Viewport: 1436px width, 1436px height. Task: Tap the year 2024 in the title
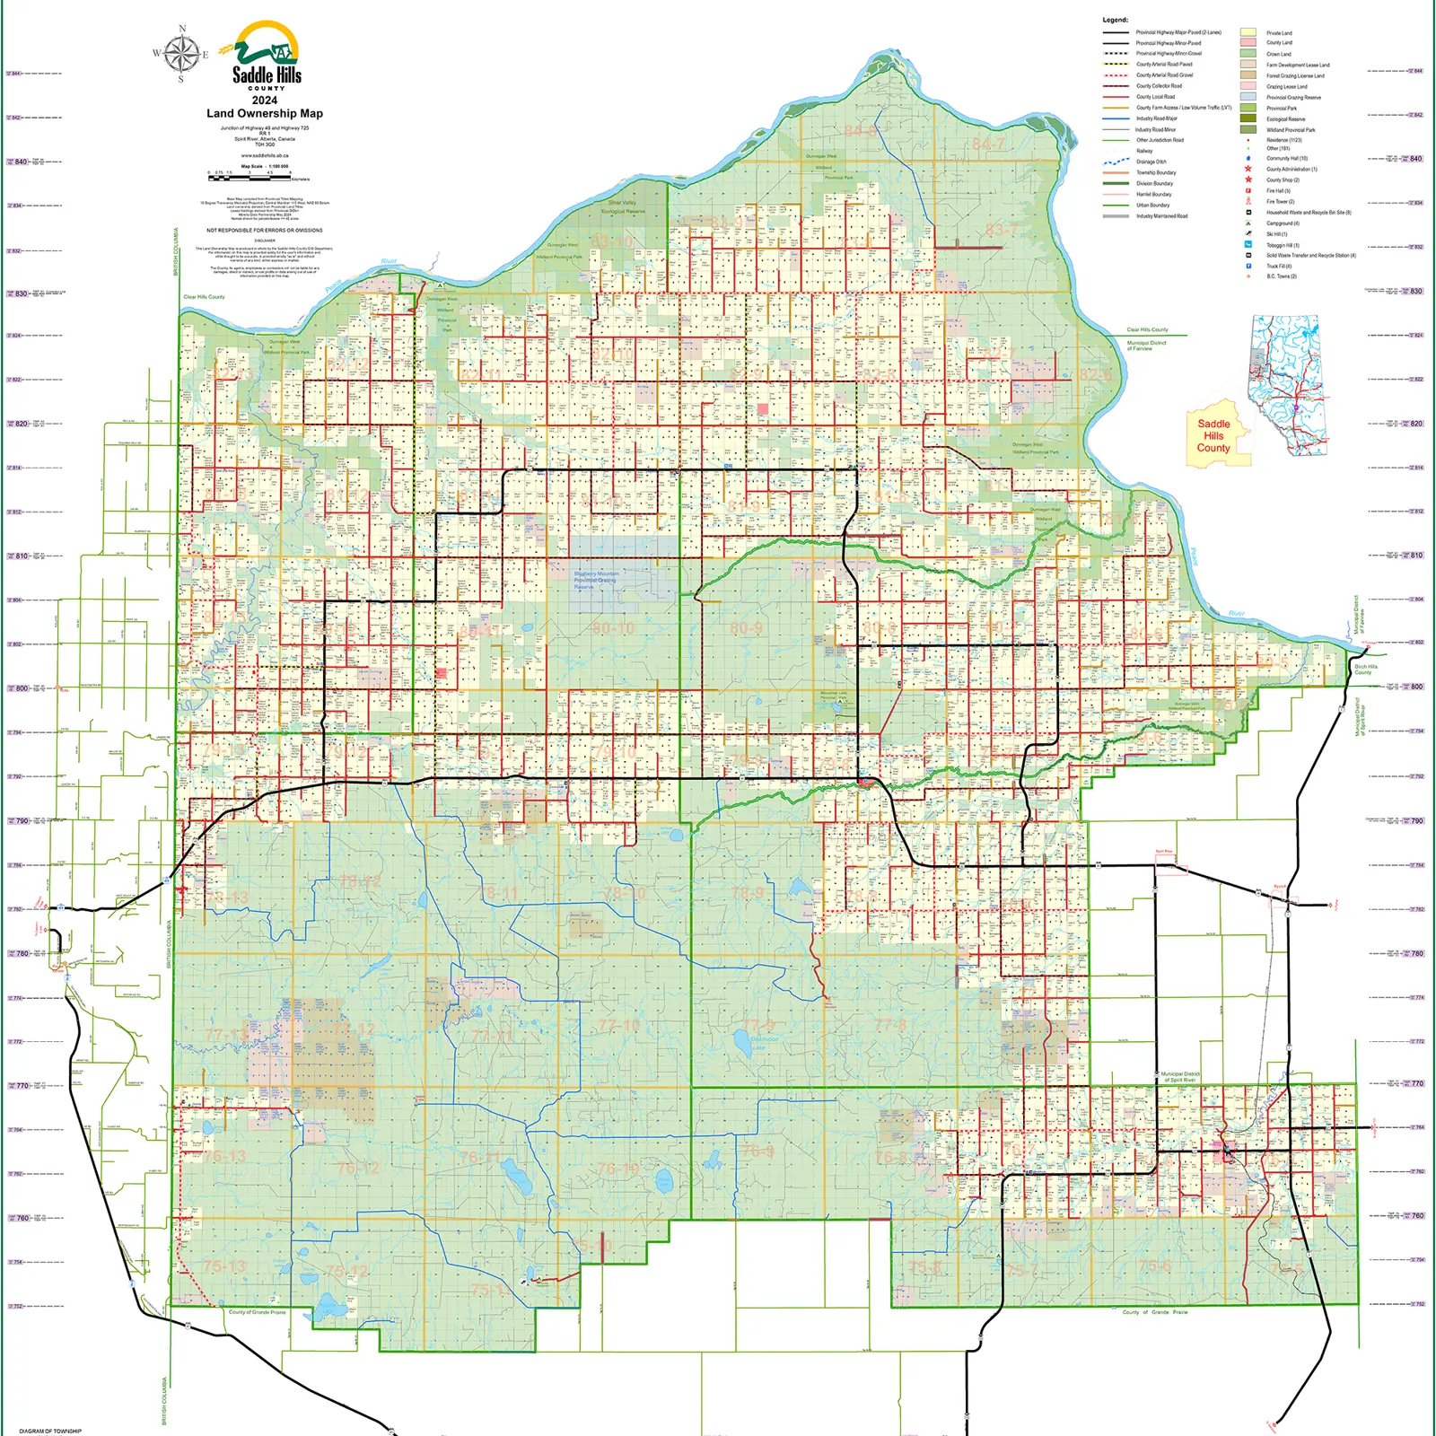265,101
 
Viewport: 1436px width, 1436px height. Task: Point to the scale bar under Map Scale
250,175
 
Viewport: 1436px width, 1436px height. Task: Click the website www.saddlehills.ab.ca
265,155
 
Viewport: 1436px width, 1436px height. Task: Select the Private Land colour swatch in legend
1248,32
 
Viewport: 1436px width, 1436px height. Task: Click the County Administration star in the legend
1248,169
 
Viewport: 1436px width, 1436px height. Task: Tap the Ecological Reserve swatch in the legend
1248,118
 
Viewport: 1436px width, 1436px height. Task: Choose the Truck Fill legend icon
1248,266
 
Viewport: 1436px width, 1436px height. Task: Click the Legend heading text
1115,20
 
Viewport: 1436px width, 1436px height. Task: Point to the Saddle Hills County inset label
1213,436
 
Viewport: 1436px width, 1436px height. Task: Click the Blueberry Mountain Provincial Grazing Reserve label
596,580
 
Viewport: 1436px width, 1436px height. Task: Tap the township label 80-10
613,627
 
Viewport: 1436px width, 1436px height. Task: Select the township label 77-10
619,1025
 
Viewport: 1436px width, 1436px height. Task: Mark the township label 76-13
224,1156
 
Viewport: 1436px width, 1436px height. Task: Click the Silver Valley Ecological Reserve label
623,207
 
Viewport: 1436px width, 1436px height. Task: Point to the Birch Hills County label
1365,670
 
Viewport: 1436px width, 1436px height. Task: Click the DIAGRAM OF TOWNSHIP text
50,1431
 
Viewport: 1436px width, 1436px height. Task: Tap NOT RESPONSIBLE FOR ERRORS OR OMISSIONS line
265,231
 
